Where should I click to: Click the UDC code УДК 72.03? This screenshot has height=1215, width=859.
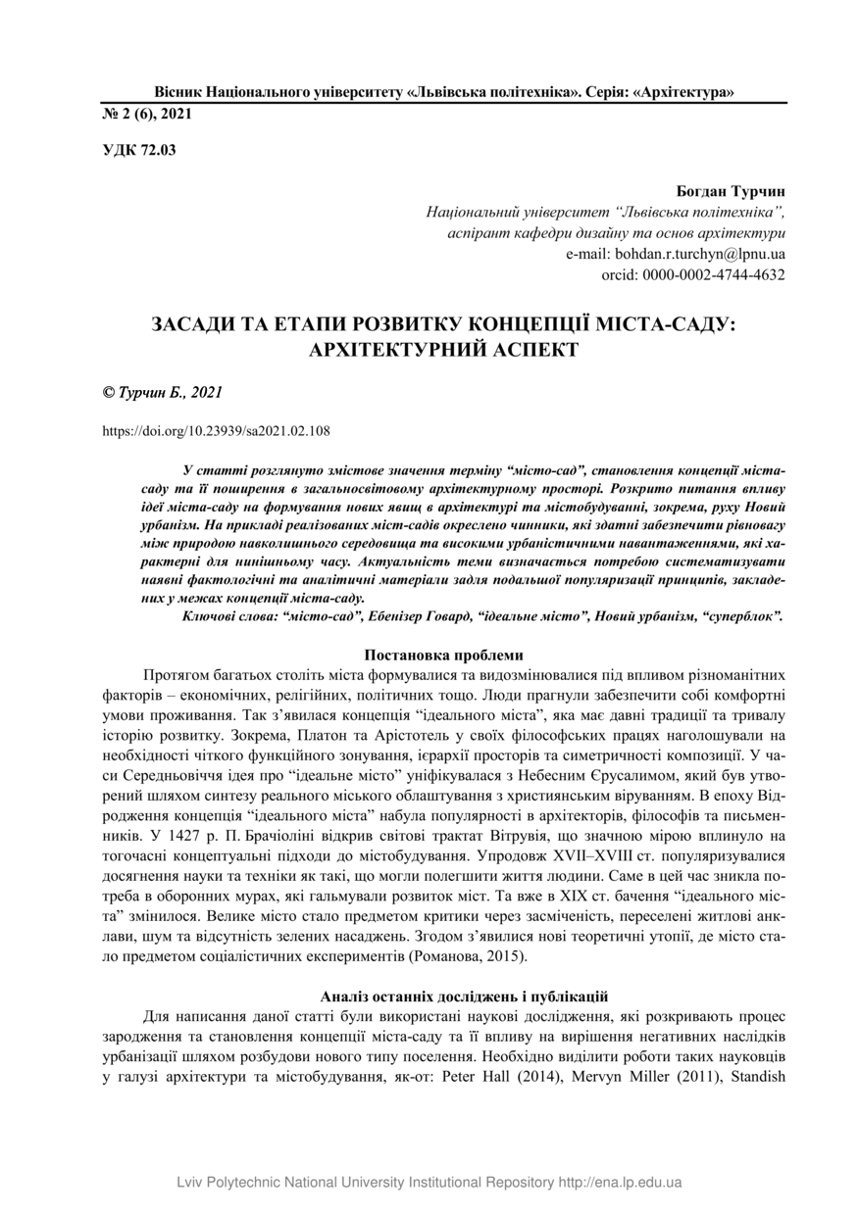coord(139,150)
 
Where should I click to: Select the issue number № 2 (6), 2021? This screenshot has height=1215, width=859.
coord(147,114)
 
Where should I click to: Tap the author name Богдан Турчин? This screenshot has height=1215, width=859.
coord(731,191)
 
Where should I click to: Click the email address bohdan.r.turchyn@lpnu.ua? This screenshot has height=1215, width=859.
coord(676,254)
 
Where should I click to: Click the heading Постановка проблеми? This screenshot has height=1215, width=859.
coord(443,655)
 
